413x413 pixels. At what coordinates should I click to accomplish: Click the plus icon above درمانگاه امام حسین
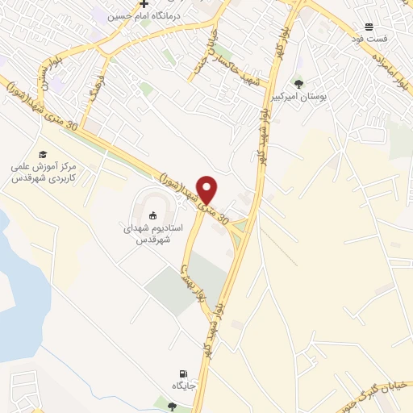144,4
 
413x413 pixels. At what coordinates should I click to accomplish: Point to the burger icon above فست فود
369,26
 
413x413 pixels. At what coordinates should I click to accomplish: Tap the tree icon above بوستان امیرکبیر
299,83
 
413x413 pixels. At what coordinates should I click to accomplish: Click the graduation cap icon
42,154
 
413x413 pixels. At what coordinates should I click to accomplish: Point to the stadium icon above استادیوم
152,215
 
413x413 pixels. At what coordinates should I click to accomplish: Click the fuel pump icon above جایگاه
184,373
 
